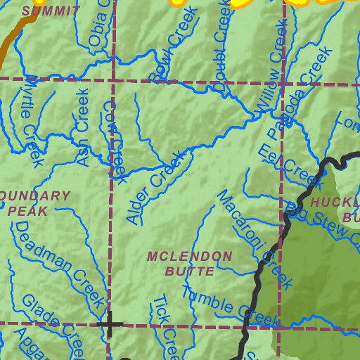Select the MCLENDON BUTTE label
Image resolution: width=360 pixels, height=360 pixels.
(x=189, y=263)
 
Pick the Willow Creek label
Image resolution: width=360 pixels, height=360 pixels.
(x=271, y=64)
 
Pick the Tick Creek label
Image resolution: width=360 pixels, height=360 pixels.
(x=166, y=326)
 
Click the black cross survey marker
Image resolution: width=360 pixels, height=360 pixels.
(x=110, y=324)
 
